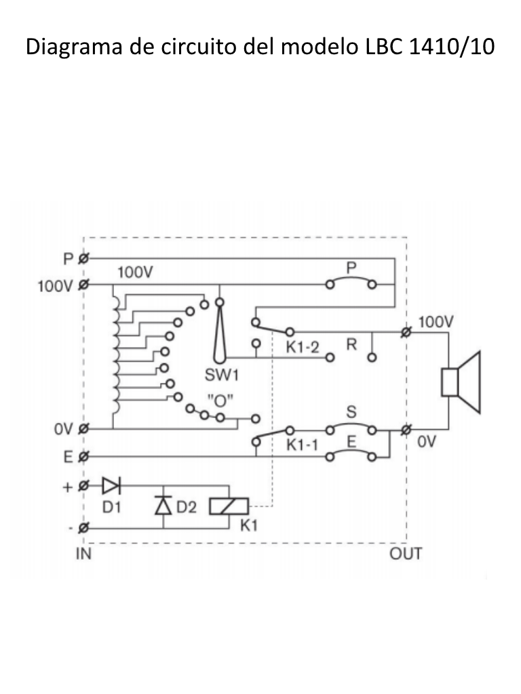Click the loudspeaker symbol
461,382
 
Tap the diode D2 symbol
163,506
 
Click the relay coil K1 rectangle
229,506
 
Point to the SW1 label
222,375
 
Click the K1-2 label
302,347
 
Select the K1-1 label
302,445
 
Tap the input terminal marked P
83,258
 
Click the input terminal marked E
83,456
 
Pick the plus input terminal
83,486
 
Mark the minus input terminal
83,528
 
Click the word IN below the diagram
83,554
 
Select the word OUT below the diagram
406,554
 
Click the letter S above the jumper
351,412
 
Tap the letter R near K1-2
351,344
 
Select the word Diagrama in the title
74,47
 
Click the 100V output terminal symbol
406,332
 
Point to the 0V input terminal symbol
83,428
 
